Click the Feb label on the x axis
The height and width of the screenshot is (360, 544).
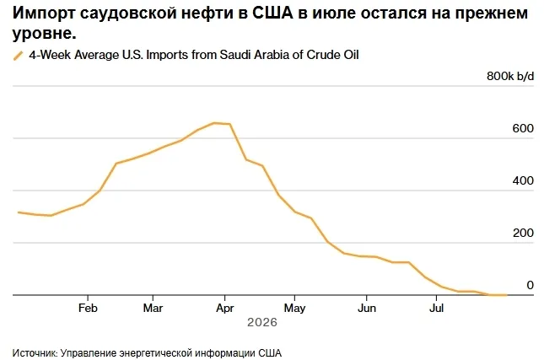(88, 308)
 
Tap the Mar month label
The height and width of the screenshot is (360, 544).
(153, 308)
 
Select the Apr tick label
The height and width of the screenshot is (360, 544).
(225, 309)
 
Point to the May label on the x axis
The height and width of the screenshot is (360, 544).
(294, 309)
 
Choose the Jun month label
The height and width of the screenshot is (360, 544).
(367, 308)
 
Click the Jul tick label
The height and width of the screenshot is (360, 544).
(436, 308)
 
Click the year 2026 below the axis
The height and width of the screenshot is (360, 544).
(262, 322)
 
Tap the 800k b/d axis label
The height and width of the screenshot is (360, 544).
(510, 76)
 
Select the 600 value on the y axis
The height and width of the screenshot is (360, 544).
(523, 128)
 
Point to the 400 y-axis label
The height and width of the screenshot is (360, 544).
(523, 180)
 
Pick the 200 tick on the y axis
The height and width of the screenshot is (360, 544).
(523, 233)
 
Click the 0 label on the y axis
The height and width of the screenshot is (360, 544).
(531, 285)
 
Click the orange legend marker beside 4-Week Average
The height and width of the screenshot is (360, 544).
(18, 56)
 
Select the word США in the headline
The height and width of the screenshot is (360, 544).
(272, 13)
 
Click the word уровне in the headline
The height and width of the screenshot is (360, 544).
(44, 34)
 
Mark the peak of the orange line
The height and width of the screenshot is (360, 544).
(214, 123)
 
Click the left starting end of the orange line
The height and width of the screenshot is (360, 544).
(19, 212)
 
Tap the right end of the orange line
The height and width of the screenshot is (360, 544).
(507, 295)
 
